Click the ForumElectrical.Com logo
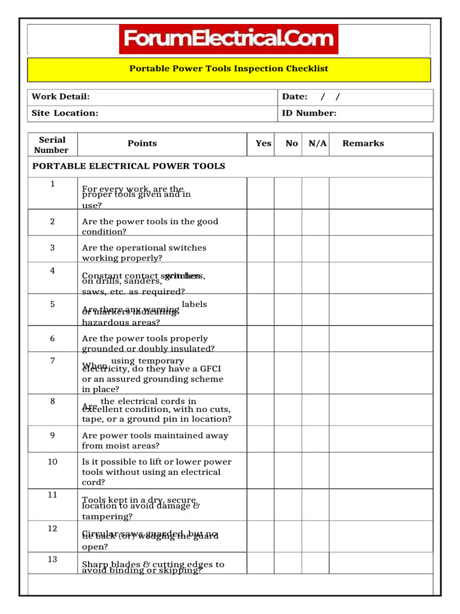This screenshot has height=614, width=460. [229, 40]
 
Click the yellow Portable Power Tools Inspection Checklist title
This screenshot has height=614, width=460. [229, 69]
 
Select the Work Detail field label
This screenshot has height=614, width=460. [60, 97]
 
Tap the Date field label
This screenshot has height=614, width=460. [295, 97]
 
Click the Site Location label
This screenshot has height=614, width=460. [65, 113]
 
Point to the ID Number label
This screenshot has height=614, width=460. [309, 113]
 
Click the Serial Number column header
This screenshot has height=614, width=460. [52, 145]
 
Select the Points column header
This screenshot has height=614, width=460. [142, 144]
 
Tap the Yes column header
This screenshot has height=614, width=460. [263, 144]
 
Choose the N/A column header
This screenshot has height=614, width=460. [317, 144]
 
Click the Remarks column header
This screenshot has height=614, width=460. [363, 144]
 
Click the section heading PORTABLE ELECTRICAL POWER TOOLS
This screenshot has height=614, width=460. [128, 167]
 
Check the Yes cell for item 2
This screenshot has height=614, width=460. [261, 222]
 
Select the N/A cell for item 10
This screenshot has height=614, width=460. [316, 470]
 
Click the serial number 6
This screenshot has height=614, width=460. [52, 339]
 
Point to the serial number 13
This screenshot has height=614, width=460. [52, 559]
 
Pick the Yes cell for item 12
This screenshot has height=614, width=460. [261, 536]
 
